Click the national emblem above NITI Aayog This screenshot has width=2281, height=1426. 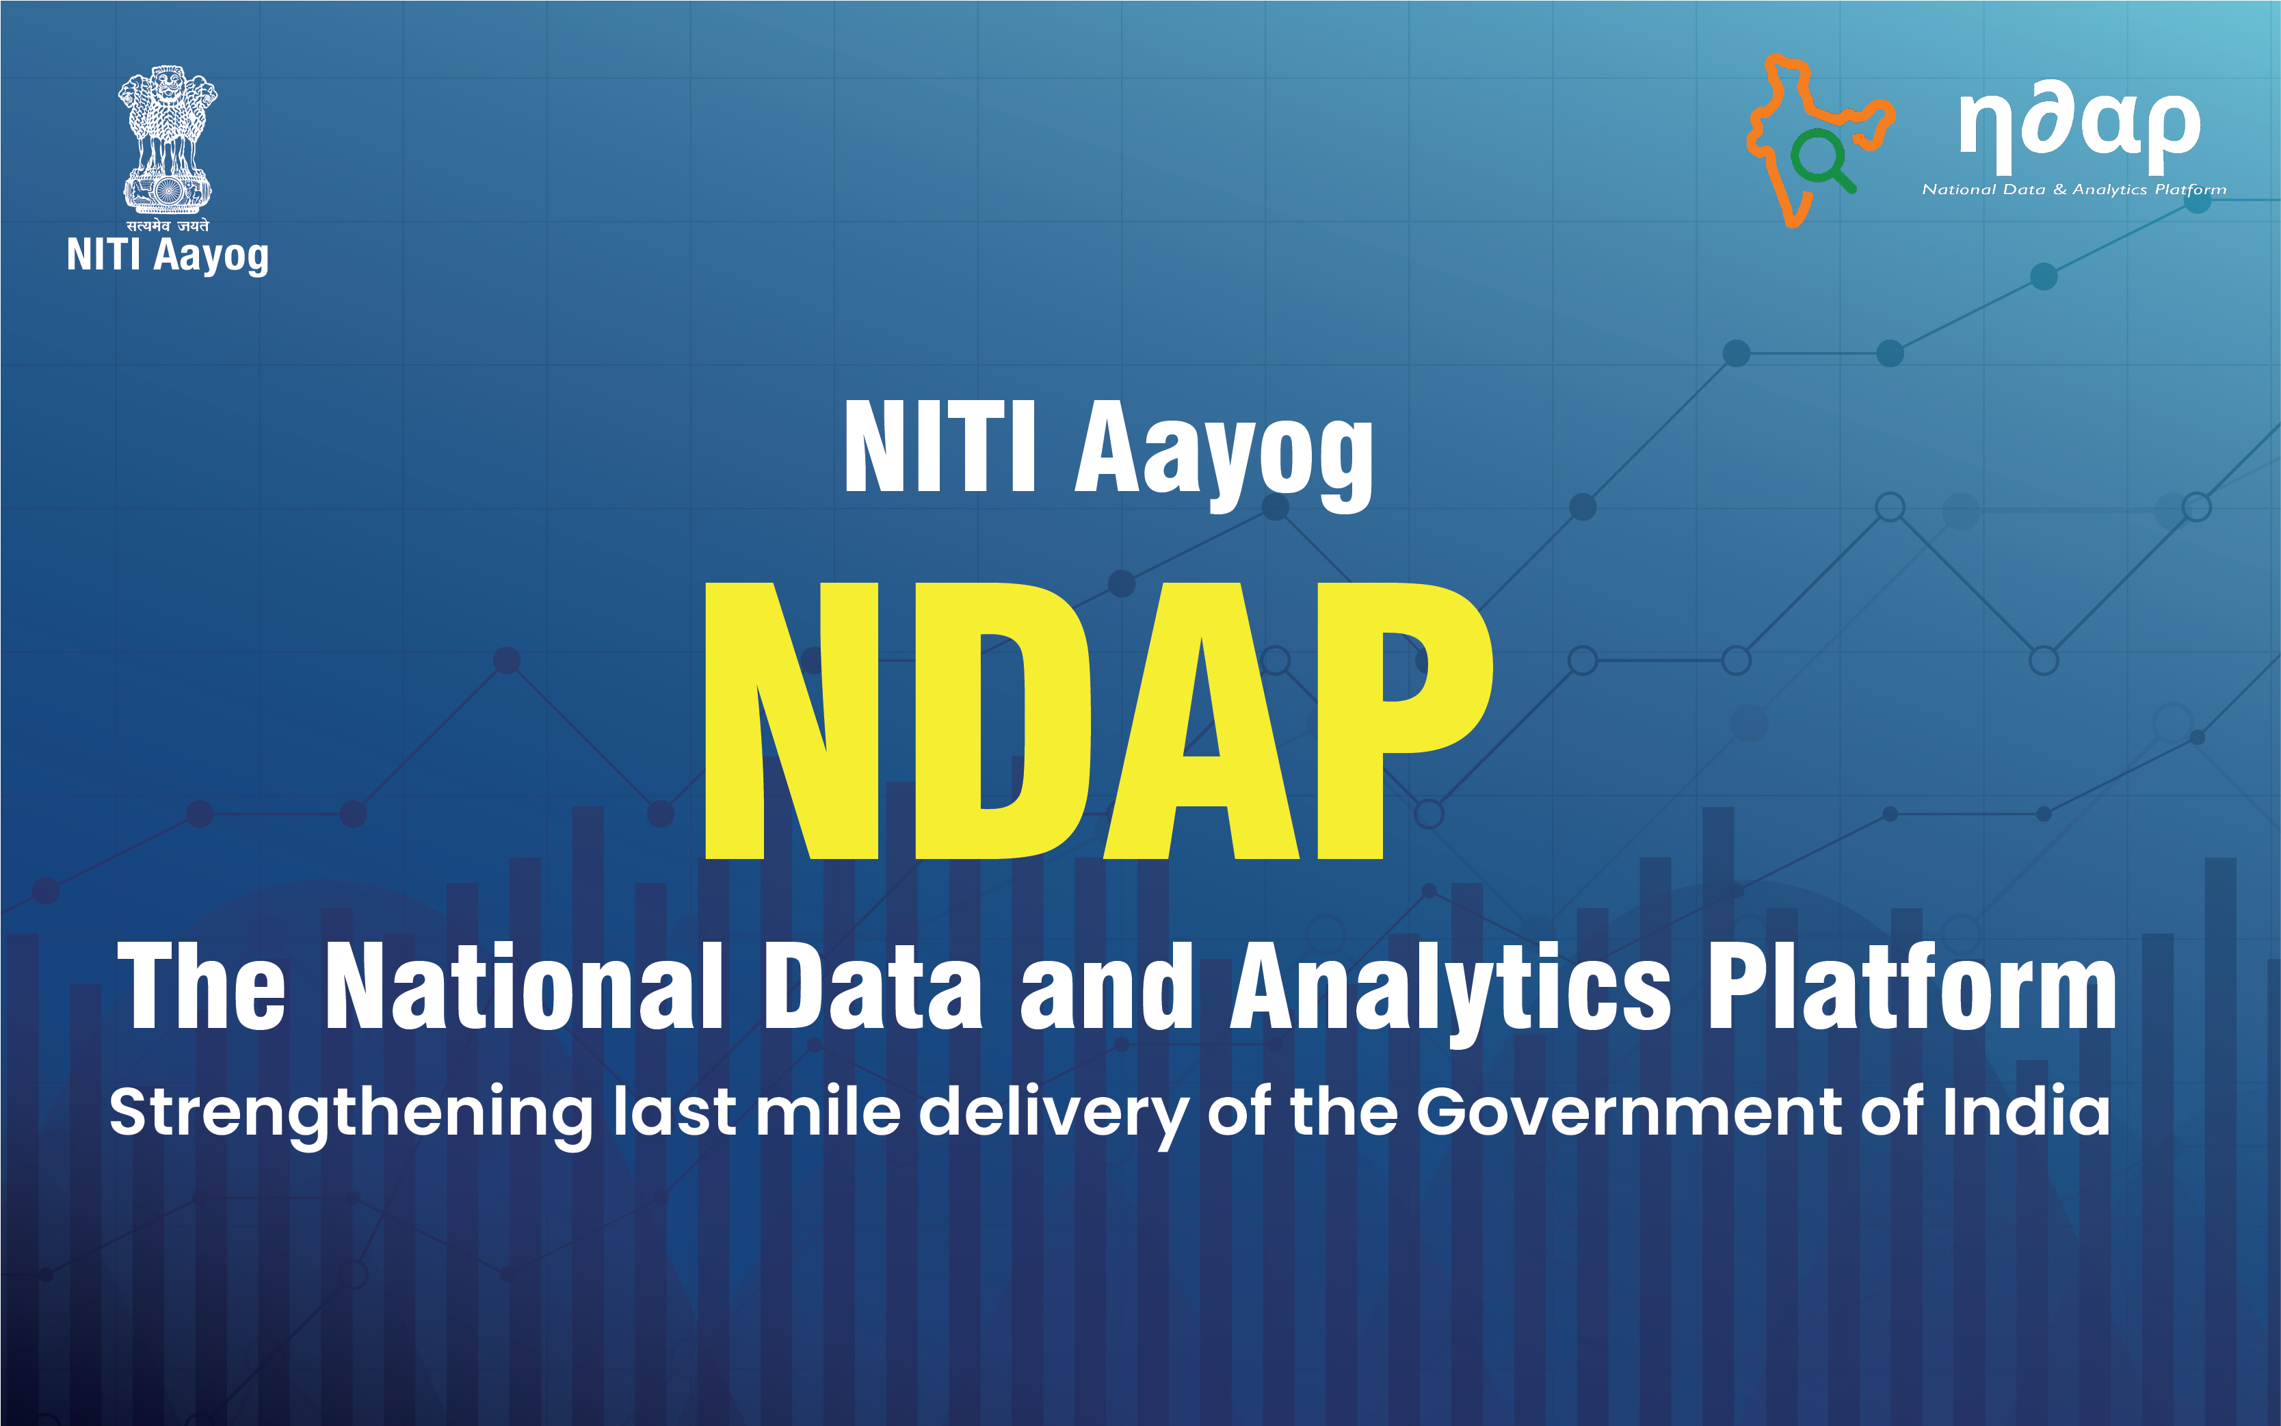(x=167, y=137)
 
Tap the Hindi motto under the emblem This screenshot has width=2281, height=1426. (x=168, y=226)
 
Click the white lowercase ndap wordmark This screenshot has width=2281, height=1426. (x=2079, y=127)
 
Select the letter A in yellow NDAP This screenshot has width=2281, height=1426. (x=1202, y=721)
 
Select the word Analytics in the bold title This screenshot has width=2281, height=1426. (x=1450, y=988)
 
